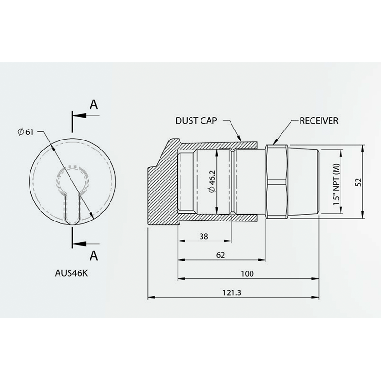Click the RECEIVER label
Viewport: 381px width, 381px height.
(319, 121)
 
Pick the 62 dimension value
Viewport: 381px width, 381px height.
(221, 255)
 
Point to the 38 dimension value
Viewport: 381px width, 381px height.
(204, 236)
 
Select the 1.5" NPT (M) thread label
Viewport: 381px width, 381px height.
(336, 182)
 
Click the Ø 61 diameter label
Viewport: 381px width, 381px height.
(25, 132)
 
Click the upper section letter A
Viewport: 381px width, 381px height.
(94, 105)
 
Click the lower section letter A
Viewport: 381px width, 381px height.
(94, 255)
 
